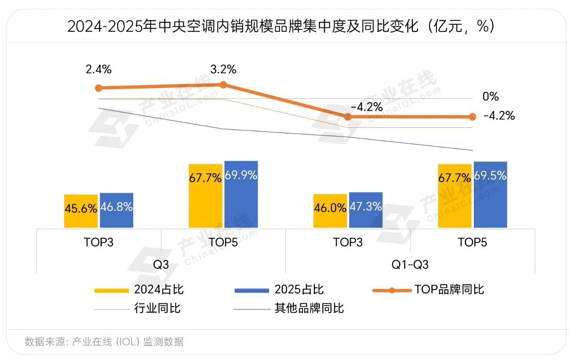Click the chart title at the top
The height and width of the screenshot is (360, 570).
[281, 27]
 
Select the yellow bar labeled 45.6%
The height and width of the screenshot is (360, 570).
[81, 211]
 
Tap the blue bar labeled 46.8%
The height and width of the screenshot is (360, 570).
[116, 210]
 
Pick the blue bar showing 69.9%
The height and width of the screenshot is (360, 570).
[241, 194]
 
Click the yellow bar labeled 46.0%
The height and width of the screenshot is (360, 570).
[330, 211]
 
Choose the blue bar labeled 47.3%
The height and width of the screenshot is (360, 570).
[366, 210]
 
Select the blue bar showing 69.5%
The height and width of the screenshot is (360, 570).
[490, 194]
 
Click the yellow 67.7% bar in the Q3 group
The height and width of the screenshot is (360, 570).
[205, 196]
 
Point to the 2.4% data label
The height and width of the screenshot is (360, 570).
[98, 69]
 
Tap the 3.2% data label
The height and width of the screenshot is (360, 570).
[223, 69]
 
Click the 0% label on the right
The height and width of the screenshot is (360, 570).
[490, 97]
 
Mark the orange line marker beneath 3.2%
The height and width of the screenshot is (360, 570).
[223, 85]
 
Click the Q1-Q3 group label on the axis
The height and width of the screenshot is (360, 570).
[410, 264]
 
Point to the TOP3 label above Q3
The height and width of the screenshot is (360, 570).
[98, 243]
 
